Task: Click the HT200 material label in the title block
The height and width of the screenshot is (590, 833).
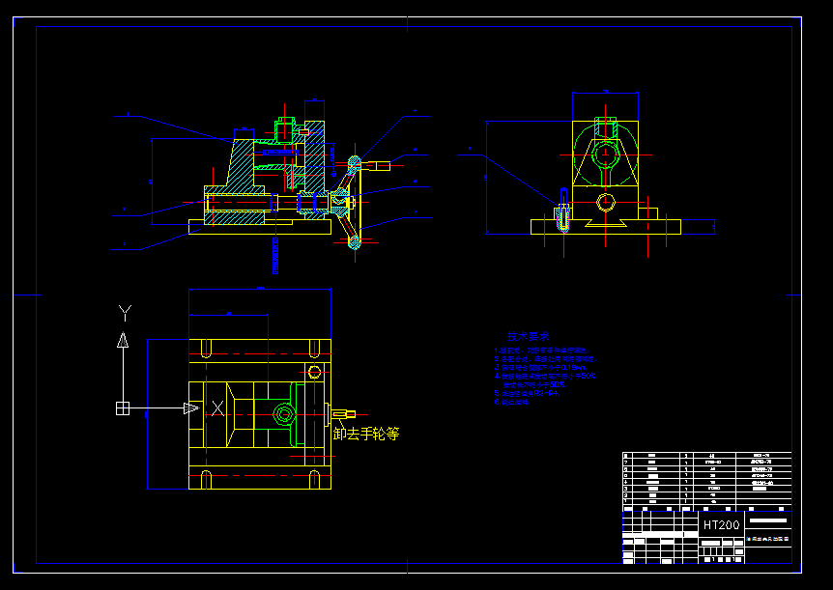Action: pyautogui.click(x=721, y=525)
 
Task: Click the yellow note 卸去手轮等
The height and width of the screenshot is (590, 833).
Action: pyautogui.click(x=366, y=435)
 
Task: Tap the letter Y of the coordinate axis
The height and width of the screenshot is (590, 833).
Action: pyautogui.click(x=124, y=312)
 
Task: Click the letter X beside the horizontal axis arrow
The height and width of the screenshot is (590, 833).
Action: pyautogui.click(x=217, y=408)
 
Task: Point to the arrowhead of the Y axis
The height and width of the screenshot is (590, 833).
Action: pyautogui.click(x=123, y=339)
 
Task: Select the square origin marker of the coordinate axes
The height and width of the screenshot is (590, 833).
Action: pyautogui.click(x=123, y=408)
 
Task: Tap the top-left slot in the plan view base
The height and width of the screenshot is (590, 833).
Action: pyautogui.click(x=205, y=347)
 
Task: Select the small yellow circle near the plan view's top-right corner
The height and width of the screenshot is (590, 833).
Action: pyautogui.click(x=314, y=372)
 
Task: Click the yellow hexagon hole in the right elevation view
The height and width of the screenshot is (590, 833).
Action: pyautogui.click(x=605, y=202)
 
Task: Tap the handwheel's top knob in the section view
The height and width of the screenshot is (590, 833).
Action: pyautogui.click(x=354, y=162)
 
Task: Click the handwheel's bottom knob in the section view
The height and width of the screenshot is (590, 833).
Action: pyautogui.click(x=354, y=241)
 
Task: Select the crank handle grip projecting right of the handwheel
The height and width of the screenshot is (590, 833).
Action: pyautogui.click(x=379, y=166)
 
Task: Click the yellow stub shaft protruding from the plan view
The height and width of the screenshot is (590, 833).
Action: pyautogui.click(x=338, y=413)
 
